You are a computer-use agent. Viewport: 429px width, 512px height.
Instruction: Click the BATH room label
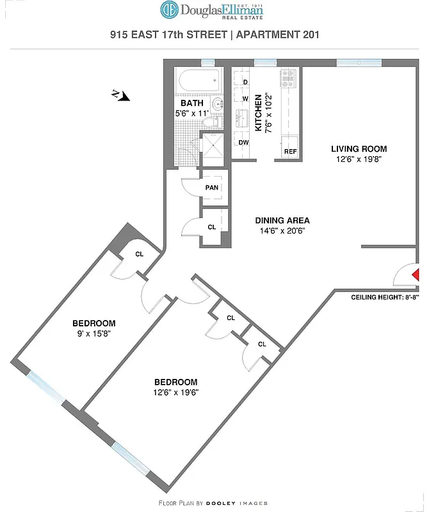(x=191, y=103)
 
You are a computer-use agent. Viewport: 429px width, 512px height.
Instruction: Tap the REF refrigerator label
(x=290, y=152)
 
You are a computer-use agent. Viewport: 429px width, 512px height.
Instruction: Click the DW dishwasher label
(x=244, y=143)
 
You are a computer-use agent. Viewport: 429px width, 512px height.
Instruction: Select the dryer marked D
(x=245, y=82)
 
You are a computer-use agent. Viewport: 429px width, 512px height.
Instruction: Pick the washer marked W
(x=245, y=99)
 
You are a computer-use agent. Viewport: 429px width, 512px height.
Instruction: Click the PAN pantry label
(x=212, y=188)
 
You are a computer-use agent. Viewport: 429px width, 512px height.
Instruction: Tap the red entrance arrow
(x=415, y=275)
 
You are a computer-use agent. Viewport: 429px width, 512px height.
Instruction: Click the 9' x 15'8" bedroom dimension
(x=93, y=333)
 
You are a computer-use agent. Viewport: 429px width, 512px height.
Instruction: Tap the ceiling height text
(x=385, y=298)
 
